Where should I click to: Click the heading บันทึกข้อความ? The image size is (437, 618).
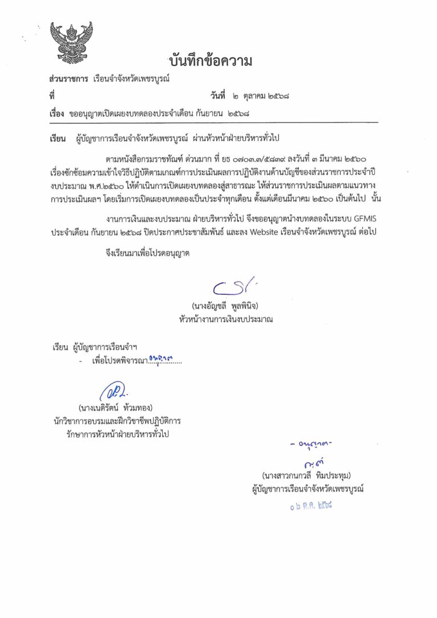tap(210, 61)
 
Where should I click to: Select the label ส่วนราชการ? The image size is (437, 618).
tap(68, 79)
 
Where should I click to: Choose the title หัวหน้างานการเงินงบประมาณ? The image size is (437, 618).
tap(225, 320)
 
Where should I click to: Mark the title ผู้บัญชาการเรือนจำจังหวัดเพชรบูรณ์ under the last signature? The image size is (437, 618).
tap(308, 488)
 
